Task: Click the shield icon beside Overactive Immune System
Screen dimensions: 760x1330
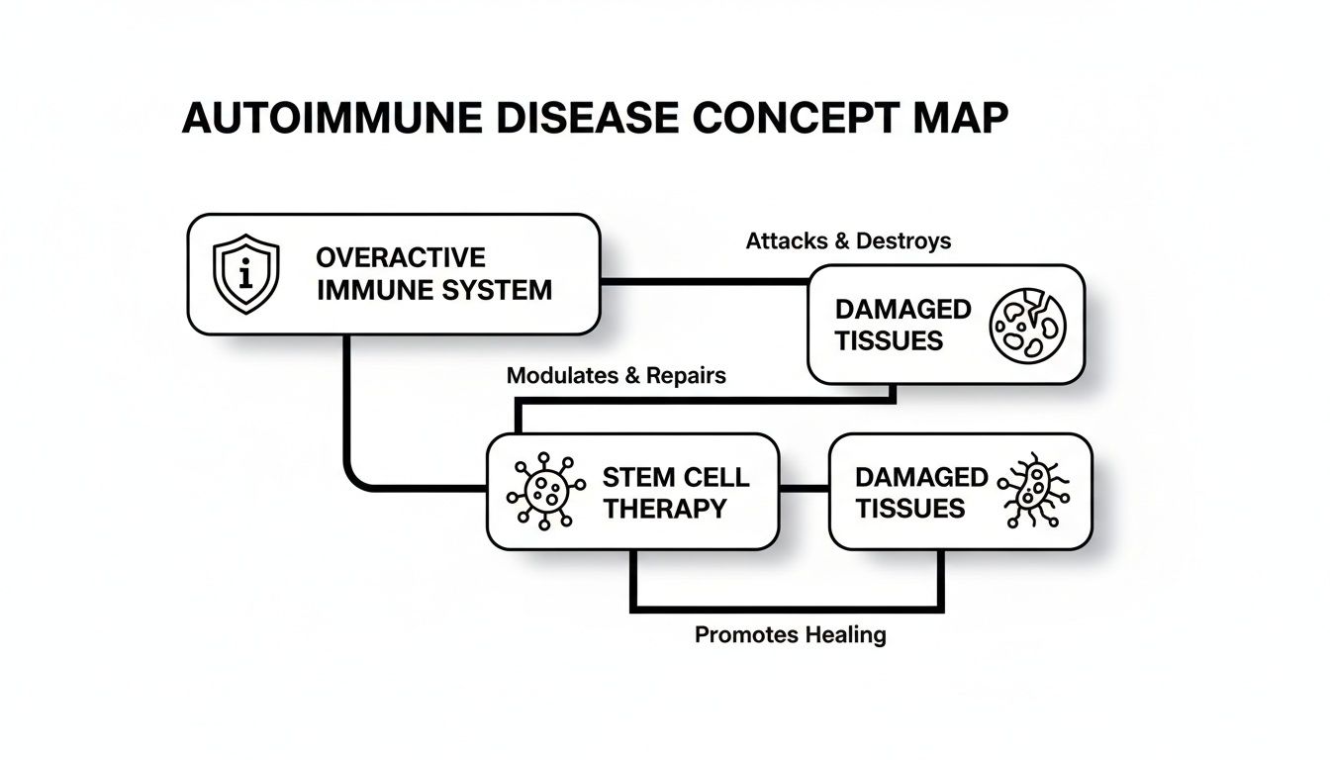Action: [246, 274]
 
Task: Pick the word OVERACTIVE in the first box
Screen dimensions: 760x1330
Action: [401, 258]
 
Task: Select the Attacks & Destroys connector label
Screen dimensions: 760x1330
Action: [848, 240]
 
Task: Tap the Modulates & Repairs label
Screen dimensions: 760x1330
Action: [616, 376]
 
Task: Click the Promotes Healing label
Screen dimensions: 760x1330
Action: [790, 634]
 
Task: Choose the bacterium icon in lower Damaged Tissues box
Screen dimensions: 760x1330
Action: [1033, 492]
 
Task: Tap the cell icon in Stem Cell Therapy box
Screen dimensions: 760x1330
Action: [540, 491]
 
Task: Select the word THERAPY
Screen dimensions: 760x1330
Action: [665, 509]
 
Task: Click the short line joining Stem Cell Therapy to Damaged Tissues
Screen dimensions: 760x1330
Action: [803, 490]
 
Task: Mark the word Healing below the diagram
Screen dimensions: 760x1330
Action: [843, 634]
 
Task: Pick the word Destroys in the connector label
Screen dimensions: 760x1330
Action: [903, 240]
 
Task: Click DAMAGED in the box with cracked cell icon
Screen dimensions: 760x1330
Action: [889, 309]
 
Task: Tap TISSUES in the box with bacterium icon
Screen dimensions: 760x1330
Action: [909, 509]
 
